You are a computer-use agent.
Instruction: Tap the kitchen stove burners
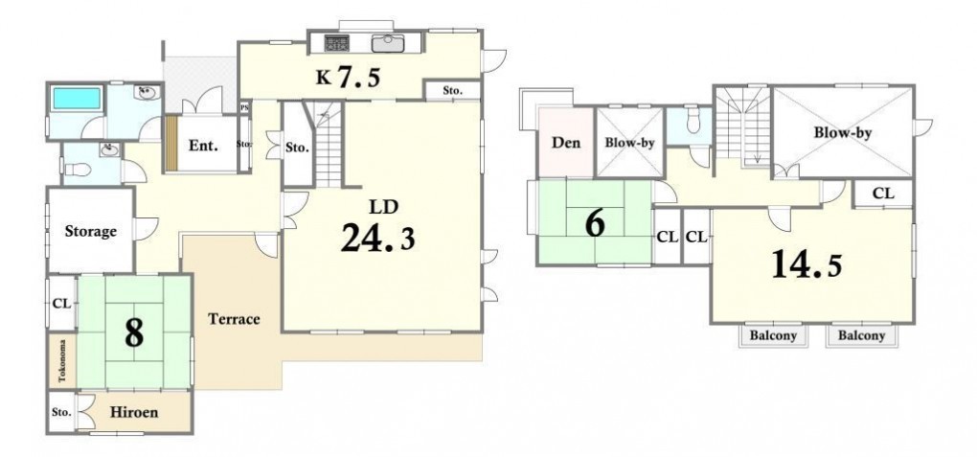[336, 42]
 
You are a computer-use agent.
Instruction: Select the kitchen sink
[388, 43]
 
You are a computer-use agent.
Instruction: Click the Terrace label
[234, 319]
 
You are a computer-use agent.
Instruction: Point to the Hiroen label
[134, 412]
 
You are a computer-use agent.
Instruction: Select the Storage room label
[90, 231]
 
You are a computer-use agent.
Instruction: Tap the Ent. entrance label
[203, 147]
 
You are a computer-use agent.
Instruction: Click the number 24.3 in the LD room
[377, 238]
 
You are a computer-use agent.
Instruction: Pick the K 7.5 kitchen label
[348, 78]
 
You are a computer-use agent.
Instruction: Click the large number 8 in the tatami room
[134, 333]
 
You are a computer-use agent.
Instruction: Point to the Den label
[566, 142]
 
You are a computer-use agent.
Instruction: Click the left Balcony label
[773, 335]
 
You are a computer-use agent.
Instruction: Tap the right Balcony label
[862, 335]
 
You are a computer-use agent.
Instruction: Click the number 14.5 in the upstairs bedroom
[807, 264]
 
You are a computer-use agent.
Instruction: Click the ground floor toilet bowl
[79, 169]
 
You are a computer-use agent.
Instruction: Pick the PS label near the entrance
[245, 106]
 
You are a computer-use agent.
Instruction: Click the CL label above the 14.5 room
[883, 194]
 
